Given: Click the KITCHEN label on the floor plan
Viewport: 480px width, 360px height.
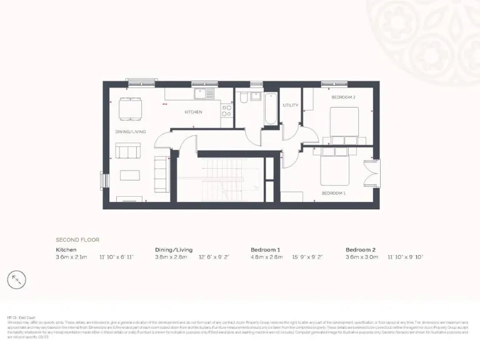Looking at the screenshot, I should tap(193, 112).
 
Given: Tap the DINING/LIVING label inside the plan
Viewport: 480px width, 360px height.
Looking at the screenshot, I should tap(130, 132).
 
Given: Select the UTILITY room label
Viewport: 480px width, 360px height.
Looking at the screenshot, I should tap(289, 106).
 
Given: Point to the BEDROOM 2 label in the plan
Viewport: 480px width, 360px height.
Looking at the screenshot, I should tap(343, 97).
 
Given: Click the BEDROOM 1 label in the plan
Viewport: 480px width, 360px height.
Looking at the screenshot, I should tap(333, 193).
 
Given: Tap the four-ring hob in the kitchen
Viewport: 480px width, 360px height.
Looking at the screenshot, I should tap(227, 111).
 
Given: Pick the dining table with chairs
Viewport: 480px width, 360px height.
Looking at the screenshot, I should tap(130, 108).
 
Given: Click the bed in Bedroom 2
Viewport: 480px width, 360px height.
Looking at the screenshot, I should tap(343, 123).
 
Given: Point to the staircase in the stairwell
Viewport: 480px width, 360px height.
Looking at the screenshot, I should tap(222, 181).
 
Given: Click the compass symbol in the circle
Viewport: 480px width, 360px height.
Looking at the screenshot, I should tap(17, 279).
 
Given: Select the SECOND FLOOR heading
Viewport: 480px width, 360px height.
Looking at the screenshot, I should tap(77, 239).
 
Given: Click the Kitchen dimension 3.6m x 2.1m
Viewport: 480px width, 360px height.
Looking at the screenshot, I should tap(72, 257).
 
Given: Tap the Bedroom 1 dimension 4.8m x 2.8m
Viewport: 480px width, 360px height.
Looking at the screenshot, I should tap(267, 257).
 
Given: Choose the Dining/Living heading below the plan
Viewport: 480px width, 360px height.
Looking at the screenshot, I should tap(173, 249).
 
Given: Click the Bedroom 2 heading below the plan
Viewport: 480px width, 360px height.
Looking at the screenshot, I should tap(361, 249).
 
